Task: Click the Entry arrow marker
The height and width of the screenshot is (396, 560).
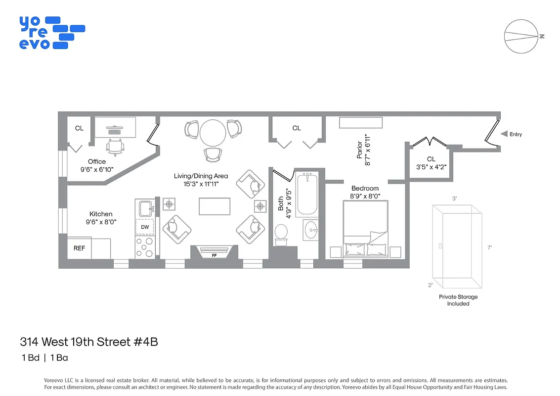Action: tap(504, 134)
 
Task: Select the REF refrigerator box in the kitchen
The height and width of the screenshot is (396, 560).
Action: tap(79, 248)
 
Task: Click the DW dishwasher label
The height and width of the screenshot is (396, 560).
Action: tap(145, 227)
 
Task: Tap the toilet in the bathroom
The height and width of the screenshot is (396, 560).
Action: tap(281, 234)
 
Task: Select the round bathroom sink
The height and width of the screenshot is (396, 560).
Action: tap(311, 229)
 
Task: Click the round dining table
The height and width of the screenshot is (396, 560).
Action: tap(213, 133)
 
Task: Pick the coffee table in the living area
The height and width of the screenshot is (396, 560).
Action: tap(215, 206)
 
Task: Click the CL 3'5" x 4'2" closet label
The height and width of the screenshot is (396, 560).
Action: tap(431, 163)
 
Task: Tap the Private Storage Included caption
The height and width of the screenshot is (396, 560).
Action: tap(458, 300)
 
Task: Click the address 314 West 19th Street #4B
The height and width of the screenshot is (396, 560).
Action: tap(89, 342)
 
